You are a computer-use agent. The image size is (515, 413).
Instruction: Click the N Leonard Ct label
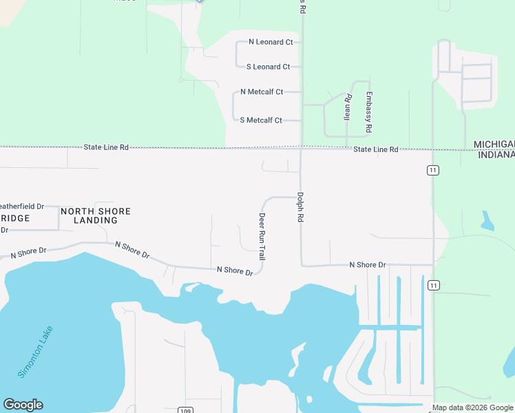[x=271, y=42]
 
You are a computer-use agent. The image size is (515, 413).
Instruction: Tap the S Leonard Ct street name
[x=268, y=67]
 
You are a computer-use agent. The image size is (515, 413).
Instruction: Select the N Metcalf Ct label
[x=261, y=92]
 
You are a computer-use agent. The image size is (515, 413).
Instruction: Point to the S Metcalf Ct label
[x=261, y=120]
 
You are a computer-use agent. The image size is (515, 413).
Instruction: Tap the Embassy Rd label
[x=369, y=112]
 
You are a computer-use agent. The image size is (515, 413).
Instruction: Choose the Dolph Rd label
[x=300, y=206]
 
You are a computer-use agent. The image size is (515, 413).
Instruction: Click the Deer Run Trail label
[x=262, y=235]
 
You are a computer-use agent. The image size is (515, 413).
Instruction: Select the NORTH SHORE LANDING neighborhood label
[x=95, y=215]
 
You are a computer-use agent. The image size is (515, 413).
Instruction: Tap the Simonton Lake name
[x=35, y=352]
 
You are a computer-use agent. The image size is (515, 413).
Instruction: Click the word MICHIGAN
[x=494, y=144]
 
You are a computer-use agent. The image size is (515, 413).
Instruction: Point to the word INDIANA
[x=495, y=154]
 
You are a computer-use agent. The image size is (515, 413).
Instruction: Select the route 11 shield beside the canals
[x=432, y=285]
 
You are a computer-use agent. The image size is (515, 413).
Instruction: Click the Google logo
[x=23, y=405]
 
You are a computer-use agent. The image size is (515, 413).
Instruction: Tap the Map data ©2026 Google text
[x=473, y=408]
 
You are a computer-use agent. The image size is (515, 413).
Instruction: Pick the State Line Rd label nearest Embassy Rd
[x=376, y=149]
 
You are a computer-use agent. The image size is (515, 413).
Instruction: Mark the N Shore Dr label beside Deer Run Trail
[x=235, y=271]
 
